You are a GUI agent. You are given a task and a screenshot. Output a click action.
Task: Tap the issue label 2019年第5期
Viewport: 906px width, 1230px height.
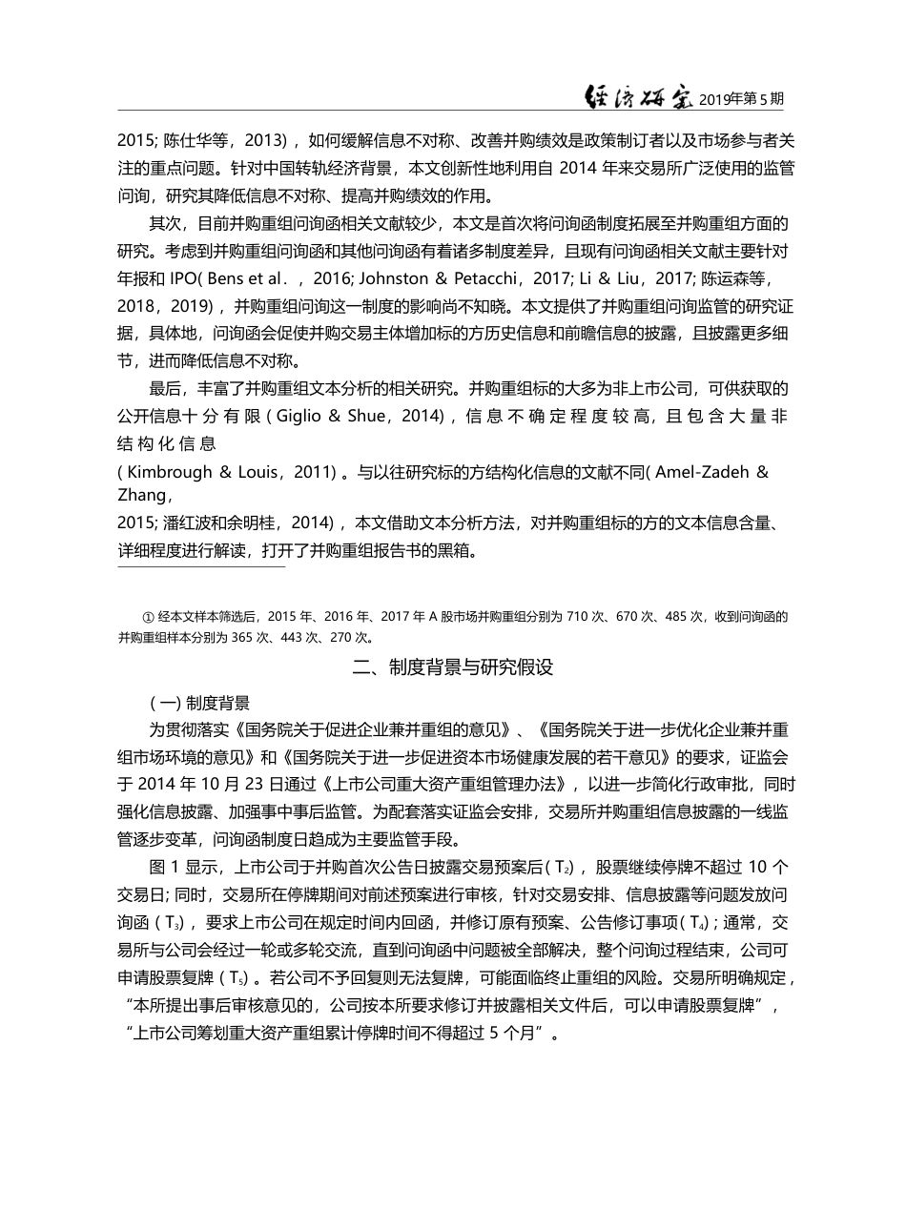[742, 99]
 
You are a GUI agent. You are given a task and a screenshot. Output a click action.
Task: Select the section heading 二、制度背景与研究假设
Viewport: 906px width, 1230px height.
[452, 667]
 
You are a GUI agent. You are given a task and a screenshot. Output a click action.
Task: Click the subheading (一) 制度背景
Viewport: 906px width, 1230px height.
[200, 704]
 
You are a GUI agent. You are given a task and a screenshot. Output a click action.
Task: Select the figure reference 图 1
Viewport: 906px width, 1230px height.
[165, 868]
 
